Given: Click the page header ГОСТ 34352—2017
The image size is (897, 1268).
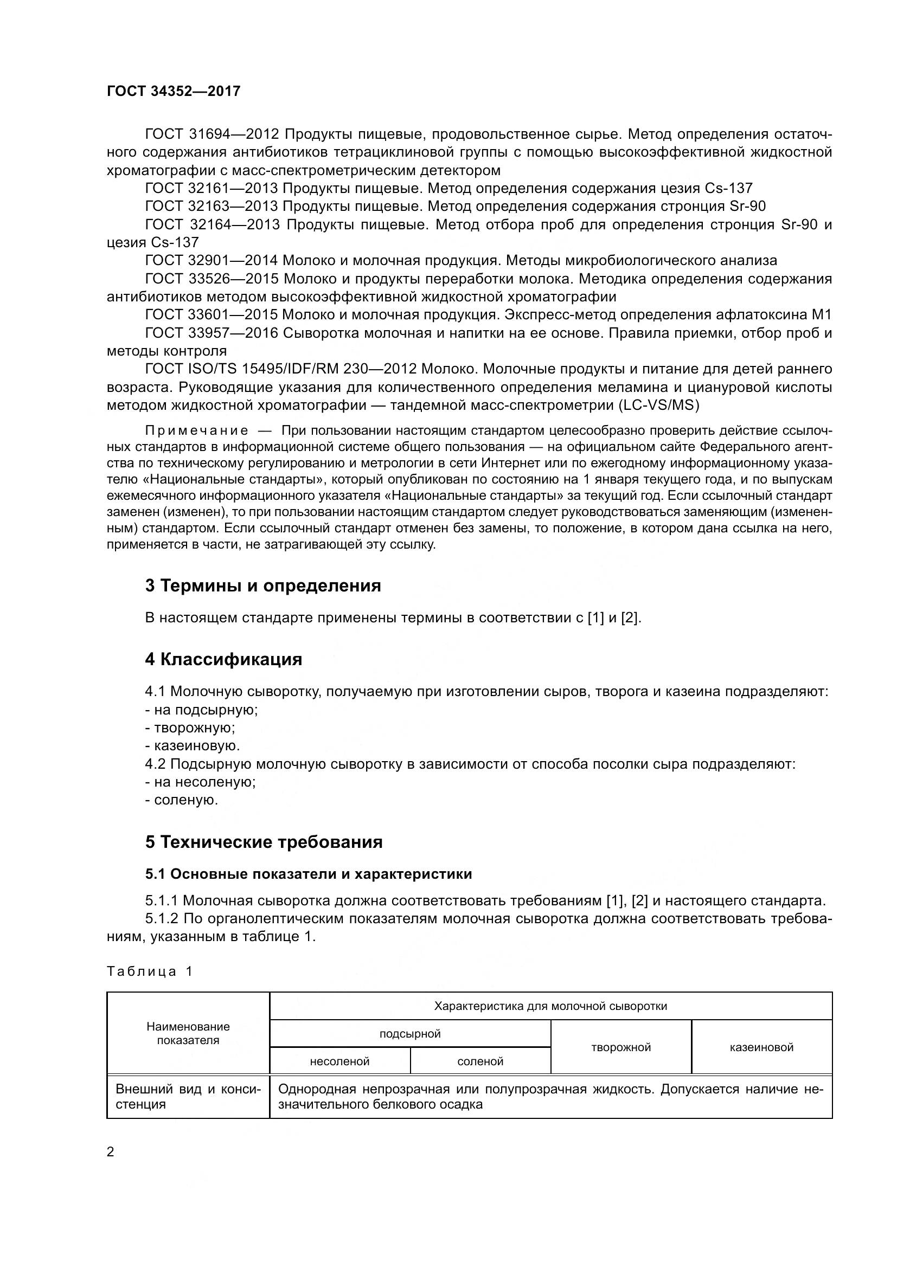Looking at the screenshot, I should pos(174,91).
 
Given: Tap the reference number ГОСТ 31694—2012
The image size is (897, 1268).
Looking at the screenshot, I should pos(212,134).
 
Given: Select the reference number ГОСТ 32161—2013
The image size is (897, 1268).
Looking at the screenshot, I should pos(212,188).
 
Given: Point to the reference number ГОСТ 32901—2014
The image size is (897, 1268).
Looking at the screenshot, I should pos(212,260).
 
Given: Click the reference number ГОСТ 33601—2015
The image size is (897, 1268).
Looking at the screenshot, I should pos(212,314).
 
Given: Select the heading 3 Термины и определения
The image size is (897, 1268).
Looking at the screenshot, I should pos(263,585).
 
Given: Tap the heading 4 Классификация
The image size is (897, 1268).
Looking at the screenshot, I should pos(223,659).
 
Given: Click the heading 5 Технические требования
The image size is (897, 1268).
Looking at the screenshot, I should pos(264,842).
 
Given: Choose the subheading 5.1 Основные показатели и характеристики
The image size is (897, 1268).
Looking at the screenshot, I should pos(308,874).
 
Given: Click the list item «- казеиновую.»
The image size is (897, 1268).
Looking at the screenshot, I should pos(193,745).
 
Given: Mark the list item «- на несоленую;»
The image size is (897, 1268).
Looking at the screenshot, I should pos(201,782).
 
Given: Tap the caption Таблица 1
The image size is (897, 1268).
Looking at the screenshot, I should pos(150,971).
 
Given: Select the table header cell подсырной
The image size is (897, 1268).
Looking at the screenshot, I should pos(410,1033).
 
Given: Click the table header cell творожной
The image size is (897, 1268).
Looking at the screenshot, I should pos(621,1047).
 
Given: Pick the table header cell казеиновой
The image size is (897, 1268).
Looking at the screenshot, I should pos(761,1047).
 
